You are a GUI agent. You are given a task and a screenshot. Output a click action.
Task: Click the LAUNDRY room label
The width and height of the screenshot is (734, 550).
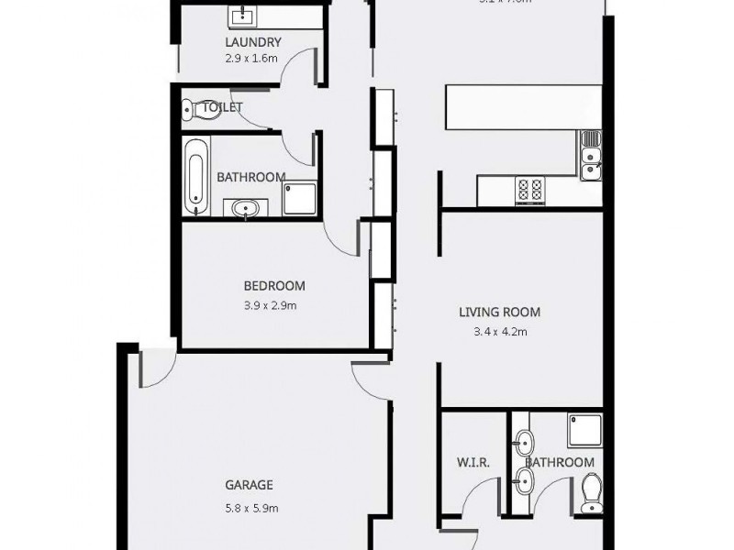252,42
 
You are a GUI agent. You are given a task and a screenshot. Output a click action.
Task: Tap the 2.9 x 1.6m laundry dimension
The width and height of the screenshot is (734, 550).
251,57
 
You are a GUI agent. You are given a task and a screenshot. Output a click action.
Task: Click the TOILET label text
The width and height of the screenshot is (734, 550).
222,107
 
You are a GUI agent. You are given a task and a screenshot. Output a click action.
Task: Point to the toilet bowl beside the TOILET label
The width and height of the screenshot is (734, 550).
189,110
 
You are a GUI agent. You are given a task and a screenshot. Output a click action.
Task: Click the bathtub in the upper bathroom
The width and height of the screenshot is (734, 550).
195,175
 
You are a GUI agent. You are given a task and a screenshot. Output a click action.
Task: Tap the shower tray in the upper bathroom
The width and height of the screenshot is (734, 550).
300,198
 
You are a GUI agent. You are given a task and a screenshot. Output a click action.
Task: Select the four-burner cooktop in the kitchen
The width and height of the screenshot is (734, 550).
530,190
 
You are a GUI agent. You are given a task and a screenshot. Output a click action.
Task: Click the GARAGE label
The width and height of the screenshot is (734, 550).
250,486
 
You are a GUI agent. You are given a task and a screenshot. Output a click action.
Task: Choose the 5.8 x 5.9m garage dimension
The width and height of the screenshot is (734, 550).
250,508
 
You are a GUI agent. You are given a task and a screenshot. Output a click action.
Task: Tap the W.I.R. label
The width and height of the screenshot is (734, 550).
473,463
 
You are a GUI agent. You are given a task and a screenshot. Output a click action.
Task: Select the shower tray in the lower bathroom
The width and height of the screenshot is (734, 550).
584,430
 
